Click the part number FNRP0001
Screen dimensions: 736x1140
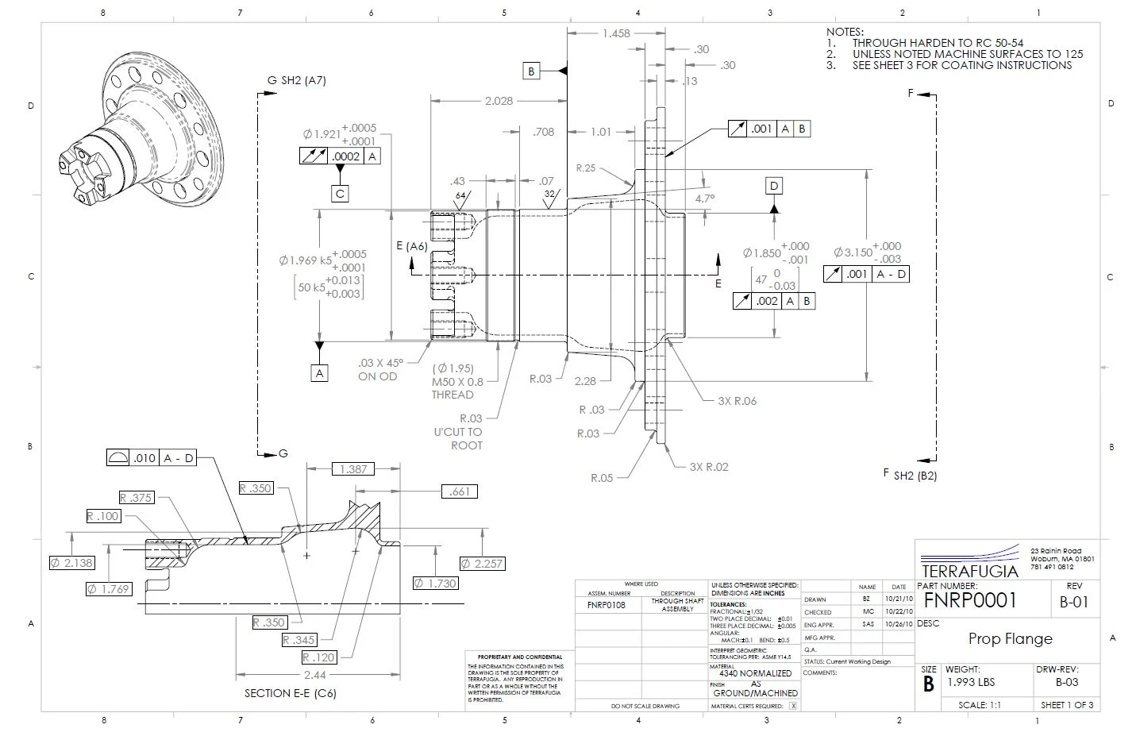[x=970, y=601]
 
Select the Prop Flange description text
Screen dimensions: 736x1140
[x=1010, y=639]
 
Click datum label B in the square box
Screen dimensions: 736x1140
[x=531, y=71]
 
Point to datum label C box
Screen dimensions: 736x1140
[x=340, y=193]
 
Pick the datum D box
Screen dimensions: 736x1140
[x=774, y=186]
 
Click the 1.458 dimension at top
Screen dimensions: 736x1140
[x=616, y=33]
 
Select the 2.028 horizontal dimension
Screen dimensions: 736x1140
[x=499, y=101]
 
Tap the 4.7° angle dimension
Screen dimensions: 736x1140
[x=705, y=198]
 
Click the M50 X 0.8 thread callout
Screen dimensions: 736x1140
[x=457, y=382]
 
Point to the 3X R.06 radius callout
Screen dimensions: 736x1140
[x=737, y=401]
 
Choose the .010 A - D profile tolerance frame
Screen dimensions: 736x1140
[x=151, y=458]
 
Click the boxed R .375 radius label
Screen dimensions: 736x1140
[x=136, y=498]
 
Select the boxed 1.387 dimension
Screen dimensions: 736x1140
[x=353, y=469]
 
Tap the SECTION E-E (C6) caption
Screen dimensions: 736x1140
[x=290, y=693]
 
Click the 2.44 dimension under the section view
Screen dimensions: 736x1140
[x=315, y=675]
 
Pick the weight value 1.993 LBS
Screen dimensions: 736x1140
[x=970, y=682]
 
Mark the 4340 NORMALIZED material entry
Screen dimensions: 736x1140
[x=755, y=673]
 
